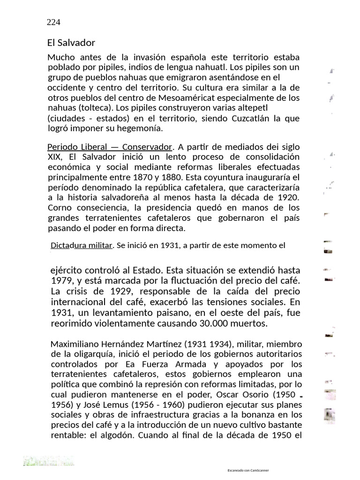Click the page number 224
click(x=54, y=22)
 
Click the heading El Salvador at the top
click(x=71, y=43)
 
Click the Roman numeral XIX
click(x=54, y=157)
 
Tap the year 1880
click(x=172, y=177)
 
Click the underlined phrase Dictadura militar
click(x=82, y=245)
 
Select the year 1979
click(x=61, y=281)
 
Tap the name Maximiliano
click(x=78, y=344)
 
